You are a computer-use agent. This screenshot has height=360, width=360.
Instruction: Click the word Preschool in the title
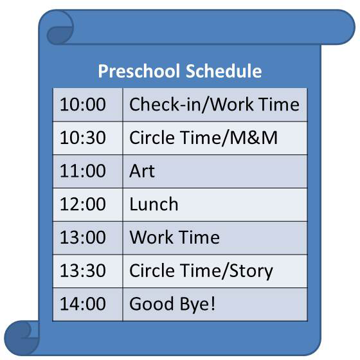point(139,71)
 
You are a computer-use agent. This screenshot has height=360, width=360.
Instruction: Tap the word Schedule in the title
point(224,71)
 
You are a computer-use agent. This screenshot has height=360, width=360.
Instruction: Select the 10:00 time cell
point(87,105)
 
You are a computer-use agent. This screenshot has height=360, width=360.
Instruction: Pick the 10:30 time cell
point(87,138)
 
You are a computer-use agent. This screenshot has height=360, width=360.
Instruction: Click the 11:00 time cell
point(87,171)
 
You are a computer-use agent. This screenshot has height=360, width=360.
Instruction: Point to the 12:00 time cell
point(87,204)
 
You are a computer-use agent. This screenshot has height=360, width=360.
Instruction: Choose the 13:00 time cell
point(87,238)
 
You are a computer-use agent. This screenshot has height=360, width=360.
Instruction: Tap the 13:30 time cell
point(87,271)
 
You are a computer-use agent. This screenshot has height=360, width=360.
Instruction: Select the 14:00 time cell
point(87,305)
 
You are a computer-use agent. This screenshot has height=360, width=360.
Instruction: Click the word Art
point(142,171)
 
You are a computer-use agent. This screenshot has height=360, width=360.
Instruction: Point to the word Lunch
point(154,204)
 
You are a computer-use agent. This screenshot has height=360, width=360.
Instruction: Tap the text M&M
point(253,138)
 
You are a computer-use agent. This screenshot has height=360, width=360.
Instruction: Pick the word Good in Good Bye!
point(152,304)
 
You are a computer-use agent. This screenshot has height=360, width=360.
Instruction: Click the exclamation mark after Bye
point(213,303)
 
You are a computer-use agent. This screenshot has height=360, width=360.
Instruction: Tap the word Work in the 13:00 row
point(152,237)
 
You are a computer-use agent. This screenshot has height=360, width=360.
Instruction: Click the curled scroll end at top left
point(60,27)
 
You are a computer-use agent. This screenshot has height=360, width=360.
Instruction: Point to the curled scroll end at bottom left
point(22,338)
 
